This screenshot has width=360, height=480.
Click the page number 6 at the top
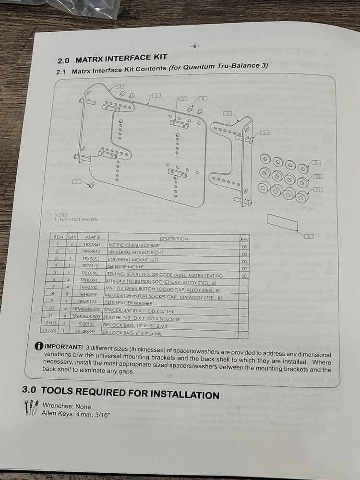click(194, 46)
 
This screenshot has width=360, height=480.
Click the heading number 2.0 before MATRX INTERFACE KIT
click(63, 61)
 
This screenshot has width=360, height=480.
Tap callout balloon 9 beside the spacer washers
click(316, 163)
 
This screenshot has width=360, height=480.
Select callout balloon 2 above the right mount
click(228, 114)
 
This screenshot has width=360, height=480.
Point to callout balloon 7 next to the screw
click(77, 181)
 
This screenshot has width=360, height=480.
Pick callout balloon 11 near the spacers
click(318, 190)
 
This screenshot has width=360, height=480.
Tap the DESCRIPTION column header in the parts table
click(173, 239)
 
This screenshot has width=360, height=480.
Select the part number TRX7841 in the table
click(91, 245)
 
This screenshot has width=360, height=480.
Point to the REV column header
click(244, 239)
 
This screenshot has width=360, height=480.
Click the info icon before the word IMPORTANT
click(38, 347)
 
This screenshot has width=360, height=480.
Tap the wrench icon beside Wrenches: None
click(30, 408)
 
